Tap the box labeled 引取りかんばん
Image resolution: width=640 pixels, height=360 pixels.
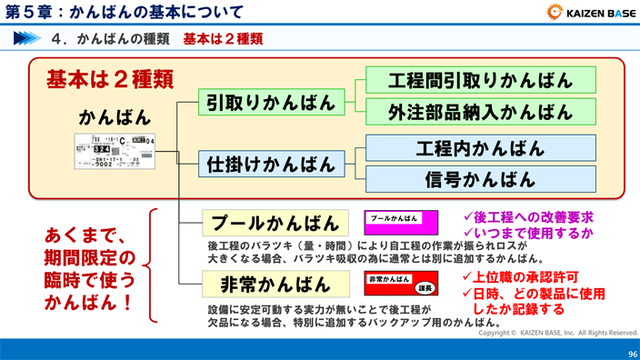pos(272,102)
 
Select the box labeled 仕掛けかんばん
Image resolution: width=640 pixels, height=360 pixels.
pos(272,165)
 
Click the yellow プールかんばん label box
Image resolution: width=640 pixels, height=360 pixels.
pos(275,223)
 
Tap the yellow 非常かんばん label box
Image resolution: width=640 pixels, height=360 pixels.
pos(275,284)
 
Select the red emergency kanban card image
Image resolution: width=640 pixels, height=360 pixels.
pos(401,283)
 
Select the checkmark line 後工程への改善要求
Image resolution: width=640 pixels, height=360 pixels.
pos(527,217)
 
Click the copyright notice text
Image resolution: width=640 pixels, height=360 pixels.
pos(558,333)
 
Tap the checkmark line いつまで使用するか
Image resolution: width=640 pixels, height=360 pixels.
pos(527,234)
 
